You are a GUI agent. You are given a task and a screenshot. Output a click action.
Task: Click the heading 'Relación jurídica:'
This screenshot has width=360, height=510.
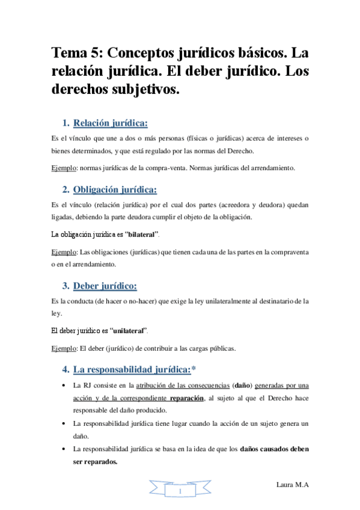[x=110, y=124]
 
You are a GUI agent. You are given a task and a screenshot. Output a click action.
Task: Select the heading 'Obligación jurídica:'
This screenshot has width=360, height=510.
[x=115, y=190]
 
